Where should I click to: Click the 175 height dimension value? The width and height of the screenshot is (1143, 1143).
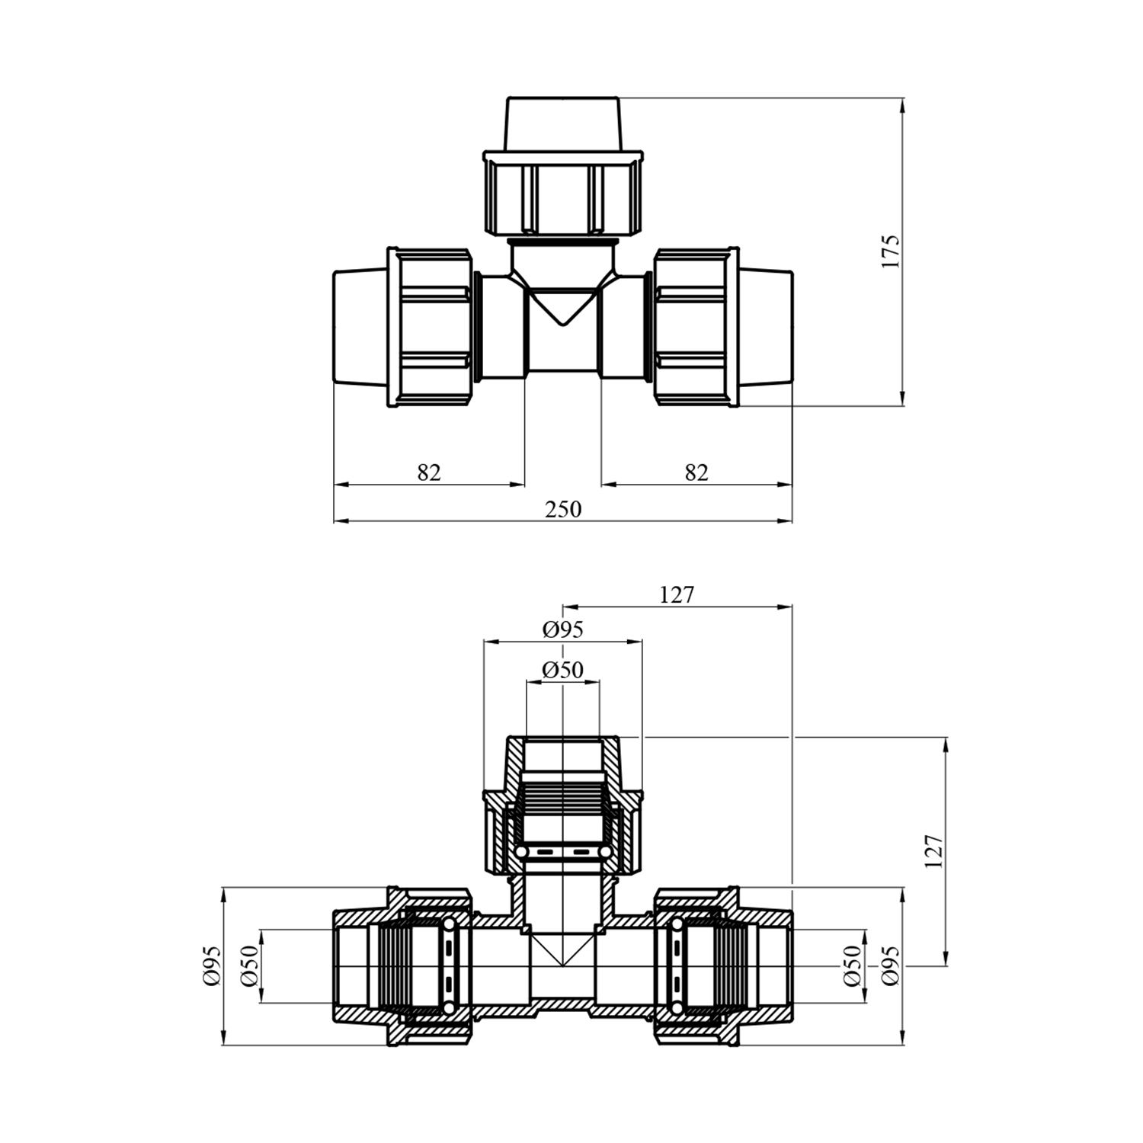click(890, 251)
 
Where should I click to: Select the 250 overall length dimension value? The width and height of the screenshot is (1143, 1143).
click(563, 509)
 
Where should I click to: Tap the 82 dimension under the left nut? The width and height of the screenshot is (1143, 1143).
click(429, 472)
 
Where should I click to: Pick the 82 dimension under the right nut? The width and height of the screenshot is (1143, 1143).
click(696, 472)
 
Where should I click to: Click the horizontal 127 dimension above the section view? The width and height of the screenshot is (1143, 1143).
click(677, 594)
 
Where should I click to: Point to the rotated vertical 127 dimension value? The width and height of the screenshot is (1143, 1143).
click(933, 851)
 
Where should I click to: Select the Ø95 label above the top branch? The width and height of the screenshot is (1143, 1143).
click(563, 629)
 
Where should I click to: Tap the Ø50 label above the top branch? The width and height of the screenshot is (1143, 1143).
click(563, 670)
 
